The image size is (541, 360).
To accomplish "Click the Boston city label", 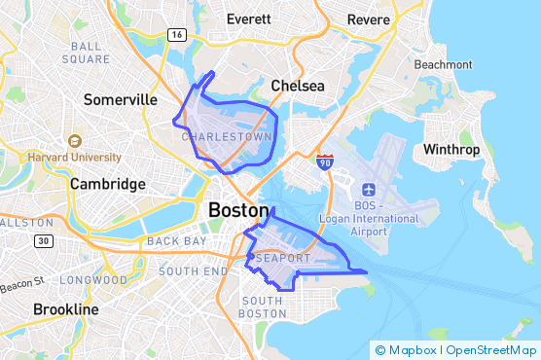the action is [x=238, y=210].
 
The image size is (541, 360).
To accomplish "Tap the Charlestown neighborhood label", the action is [x=227, y=137].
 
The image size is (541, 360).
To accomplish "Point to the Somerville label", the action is [x=121, y=100].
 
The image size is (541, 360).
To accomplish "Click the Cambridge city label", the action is [x=108, y=184].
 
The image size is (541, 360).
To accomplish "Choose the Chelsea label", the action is [x=298, y=86].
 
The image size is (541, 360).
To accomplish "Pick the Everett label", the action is [x=249, y=18].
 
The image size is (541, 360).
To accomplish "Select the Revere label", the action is [x=369, y=18].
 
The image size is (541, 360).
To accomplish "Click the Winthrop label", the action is [x=451, y=150].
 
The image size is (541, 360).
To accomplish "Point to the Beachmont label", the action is [x=443, y=64].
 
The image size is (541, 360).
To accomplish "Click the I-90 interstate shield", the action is [x=325, y=161].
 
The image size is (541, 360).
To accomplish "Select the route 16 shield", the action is [x=176, y=35].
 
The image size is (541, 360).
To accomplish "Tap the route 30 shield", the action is [x=42, y=240].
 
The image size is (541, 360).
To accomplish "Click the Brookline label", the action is [x=66, y=309].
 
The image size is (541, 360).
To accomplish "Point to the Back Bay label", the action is [x=176, y=240].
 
